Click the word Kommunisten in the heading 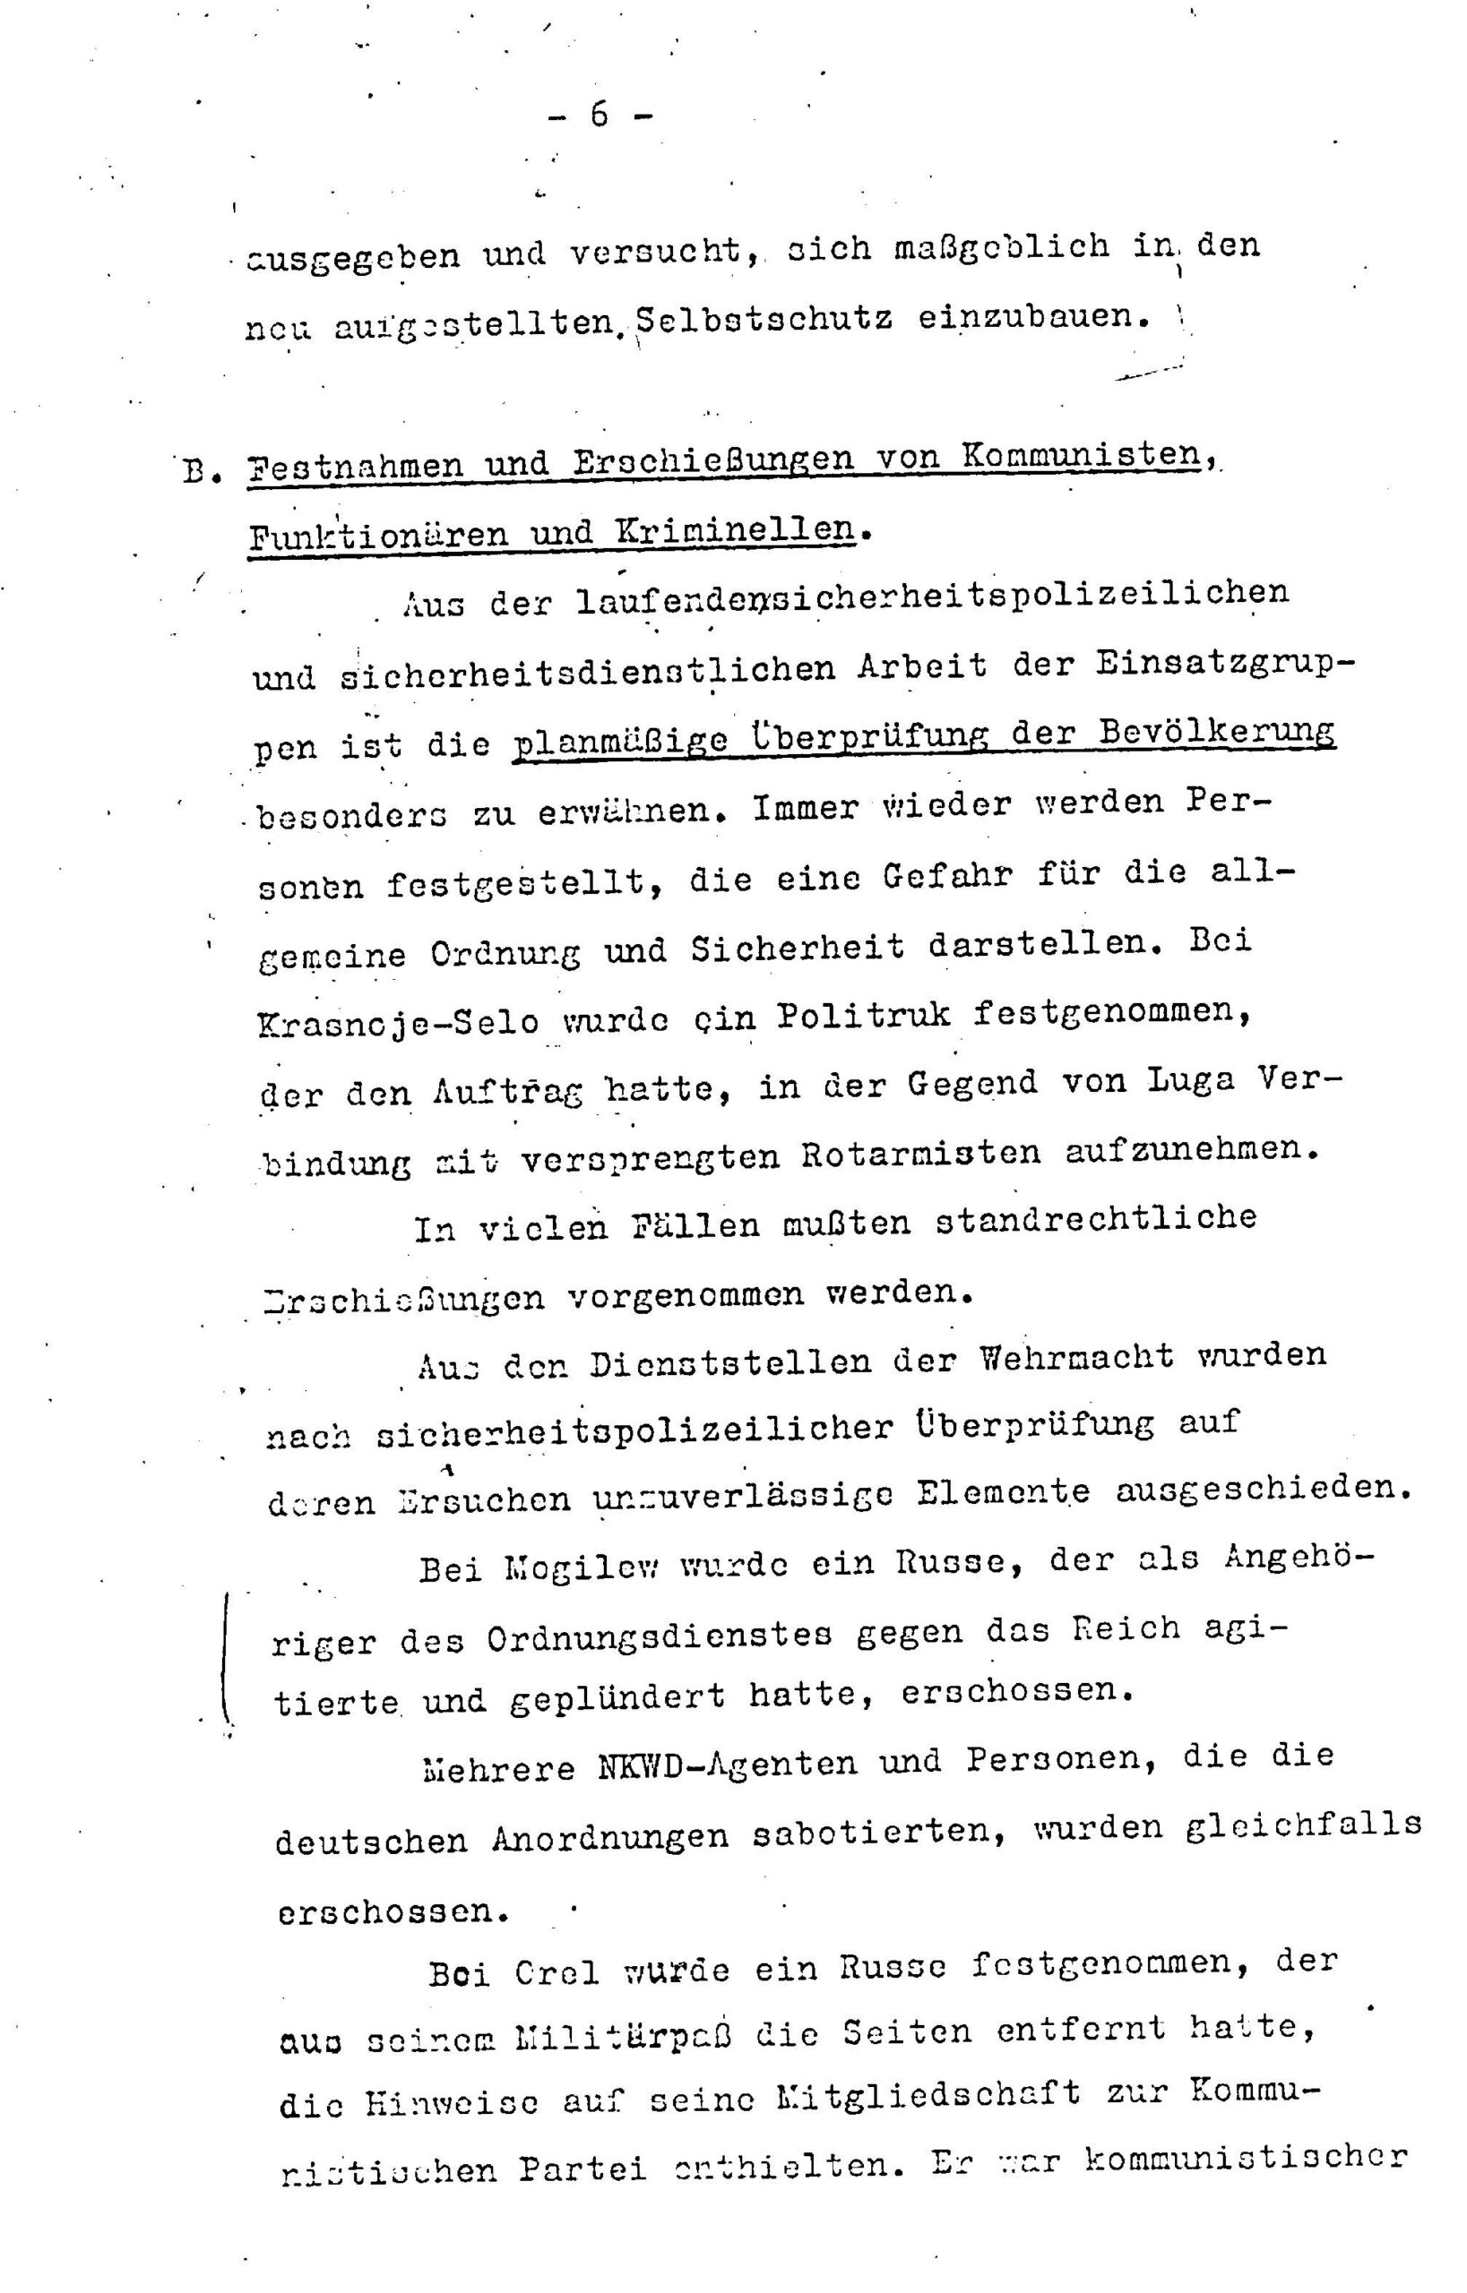coord(1080,454)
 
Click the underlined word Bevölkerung coord(1215,731)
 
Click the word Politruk coord(863,1015)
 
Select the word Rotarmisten coord(920,1153)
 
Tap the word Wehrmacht coord(1076,1357)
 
